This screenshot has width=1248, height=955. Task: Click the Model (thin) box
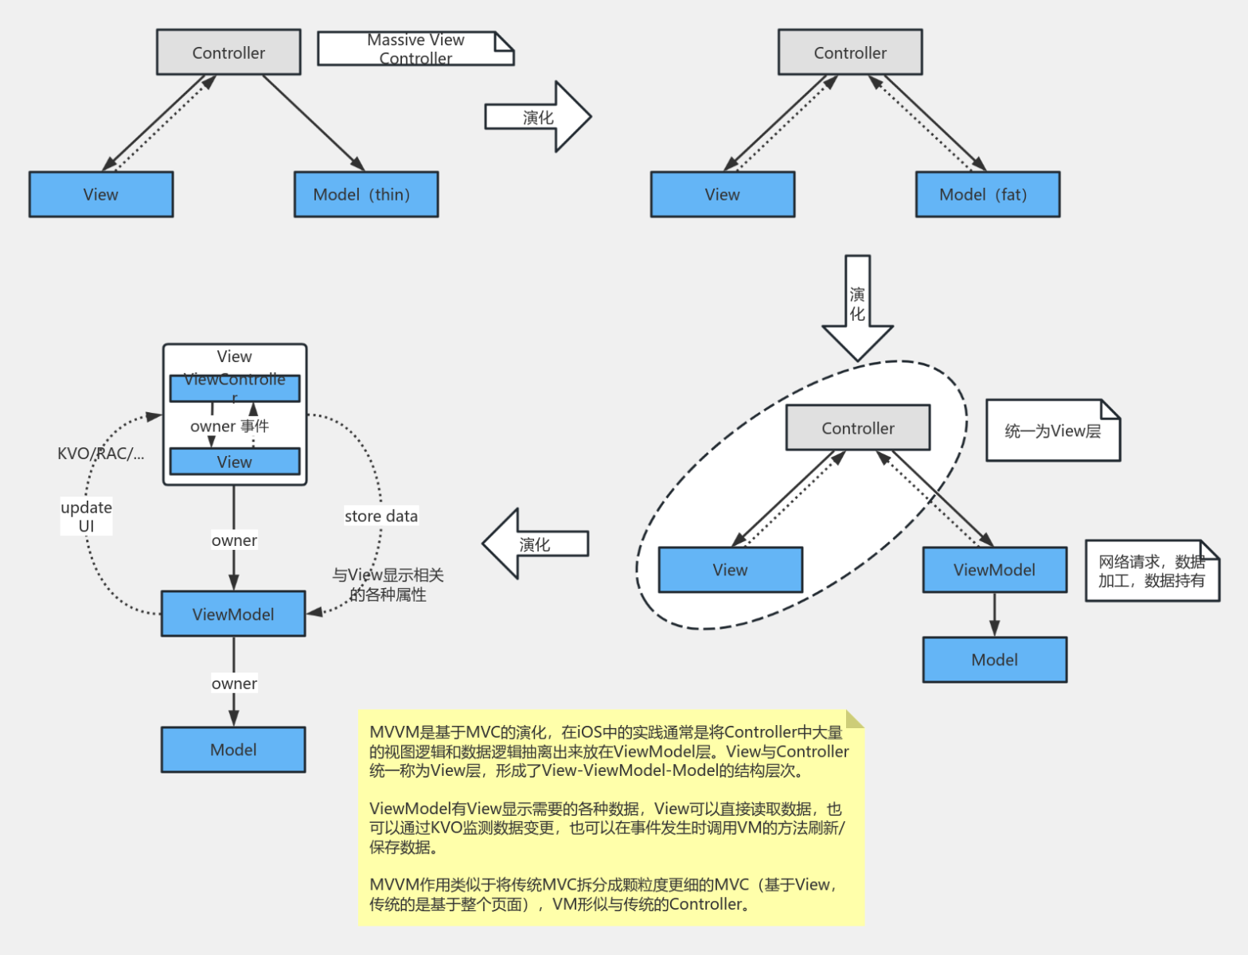coord(365,194)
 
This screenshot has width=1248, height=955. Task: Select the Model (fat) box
coord(987,194)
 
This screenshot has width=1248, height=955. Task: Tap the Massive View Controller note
coord(415,49)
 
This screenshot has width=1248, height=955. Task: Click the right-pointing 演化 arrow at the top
coord(538,117)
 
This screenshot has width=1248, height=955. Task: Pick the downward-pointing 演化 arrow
coord(857,306)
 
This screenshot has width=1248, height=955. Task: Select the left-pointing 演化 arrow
coord(535,544)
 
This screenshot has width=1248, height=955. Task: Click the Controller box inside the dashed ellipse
coord(857,428)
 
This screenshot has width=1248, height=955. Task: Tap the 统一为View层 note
coord(1052,431)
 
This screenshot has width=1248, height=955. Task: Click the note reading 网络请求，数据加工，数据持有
coord(1151,571)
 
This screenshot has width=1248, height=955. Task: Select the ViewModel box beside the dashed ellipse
coord(994,570)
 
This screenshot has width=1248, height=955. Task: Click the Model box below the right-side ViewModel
coord(994,660)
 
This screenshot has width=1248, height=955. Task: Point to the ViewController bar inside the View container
coord(234,388)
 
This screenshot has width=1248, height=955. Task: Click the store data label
coord(380,516)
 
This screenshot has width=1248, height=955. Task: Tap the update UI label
coord(86,516)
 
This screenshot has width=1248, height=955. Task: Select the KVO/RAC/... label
coord(100,454)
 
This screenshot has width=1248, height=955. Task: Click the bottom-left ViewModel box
coord(233,614)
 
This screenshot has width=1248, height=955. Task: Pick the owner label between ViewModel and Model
coord(234,684)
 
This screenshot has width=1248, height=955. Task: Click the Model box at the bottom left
coord(233,750)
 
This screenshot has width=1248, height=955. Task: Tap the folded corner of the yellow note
coord(856,719)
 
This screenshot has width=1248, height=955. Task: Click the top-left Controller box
coord(228,53)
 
